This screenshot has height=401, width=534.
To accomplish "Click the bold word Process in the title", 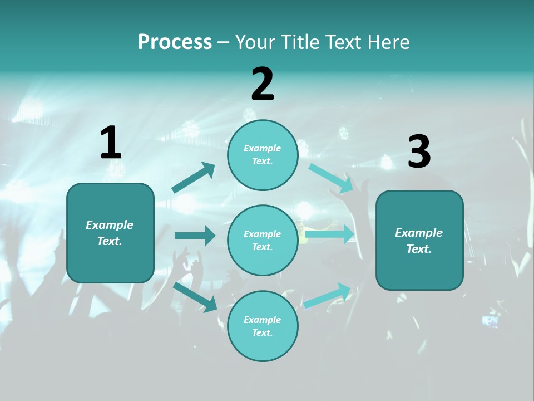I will pos(175,42).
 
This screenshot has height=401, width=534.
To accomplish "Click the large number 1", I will pos(111,143).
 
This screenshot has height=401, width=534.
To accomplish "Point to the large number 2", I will pos(263,84).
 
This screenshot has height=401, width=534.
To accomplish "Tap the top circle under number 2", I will pos(263,155).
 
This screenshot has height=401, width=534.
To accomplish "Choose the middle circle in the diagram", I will pos(263,240).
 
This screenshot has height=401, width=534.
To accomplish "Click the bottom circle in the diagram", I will pos(263,326).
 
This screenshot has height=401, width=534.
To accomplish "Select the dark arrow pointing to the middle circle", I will pos(195,236).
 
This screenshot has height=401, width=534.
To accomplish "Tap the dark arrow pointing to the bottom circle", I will pos(195,297).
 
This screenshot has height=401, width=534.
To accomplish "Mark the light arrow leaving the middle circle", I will pos(329,234).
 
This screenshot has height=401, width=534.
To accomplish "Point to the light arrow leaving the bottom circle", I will pos(328,296).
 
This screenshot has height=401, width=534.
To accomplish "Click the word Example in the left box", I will pos(110,225).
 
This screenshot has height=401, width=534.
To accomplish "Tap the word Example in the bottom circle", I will pos(263,320).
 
